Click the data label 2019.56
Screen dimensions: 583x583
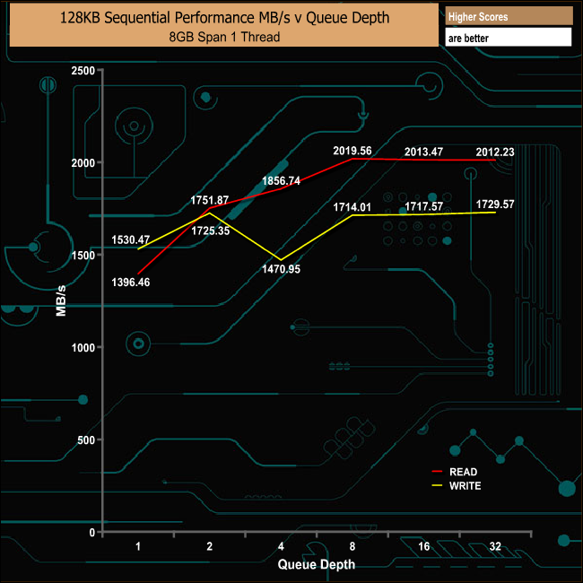pos(352,151)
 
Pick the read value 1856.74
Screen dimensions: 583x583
pos(281,180)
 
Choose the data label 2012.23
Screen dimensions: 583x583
pos(495,152)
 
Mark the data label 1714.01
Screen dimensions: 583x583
pos(352,207)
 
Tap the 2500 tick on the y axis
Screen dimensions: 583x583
pos(83,70)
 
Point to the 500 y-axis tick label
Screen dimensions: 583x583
pos(85,439)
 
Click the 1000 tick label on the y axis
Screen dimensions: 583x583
pos(83,347)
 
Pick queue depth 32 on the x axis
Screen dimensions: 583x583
pos(495,546)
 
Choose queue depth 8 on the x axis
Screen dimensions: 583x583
pos(352,546)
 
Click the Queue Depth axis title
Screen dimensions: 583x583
pos(316,564)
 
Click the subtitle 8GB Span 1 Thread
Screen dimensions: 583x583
pos(223,37)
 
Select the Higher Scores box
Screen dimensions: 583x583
pos(508,17)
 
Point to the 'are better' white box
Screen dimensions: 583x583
pos(508,38)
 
